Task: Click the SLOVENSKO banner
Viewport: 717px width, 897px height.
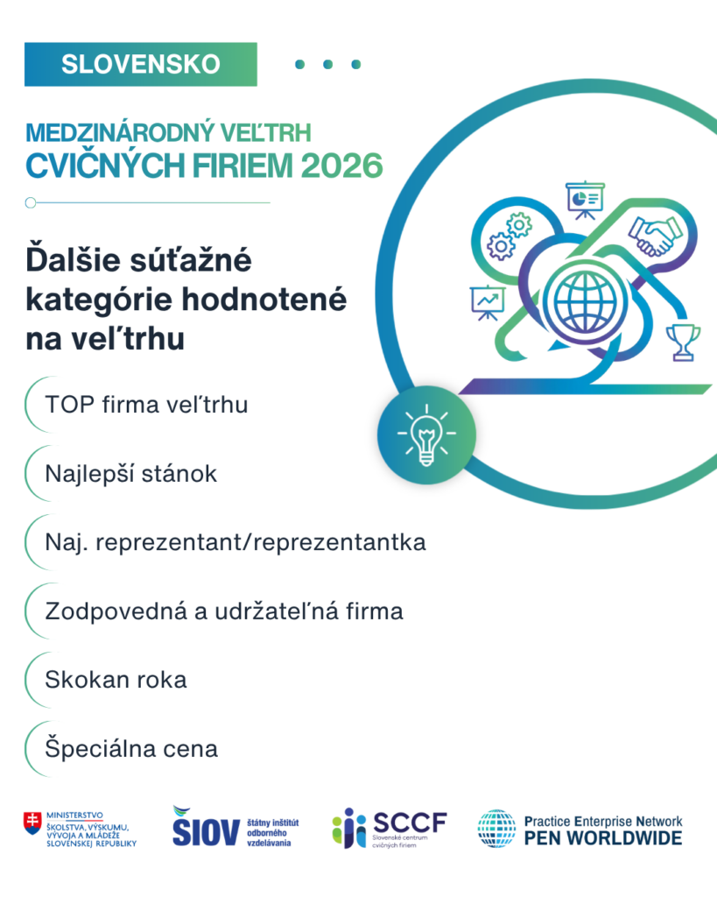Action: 141,64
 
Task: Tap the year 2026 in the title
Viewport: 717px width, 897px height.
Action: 342,166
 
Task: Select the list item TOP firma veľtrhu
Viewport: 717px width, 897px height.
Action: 146,405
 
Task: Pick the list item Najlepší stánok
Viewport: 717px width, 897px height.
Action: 131,474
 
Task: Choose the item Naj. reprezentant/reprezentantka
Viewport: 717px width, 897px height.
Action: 235,543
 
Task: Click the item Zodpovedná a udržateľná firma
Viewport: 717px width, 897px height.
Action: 224,611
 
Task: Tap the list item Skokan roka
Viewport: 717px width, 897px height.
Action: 116,680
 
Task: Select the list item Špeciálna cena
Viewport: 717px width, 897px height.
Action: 131,749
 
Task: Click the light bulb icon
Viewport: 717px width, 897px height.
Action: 426,434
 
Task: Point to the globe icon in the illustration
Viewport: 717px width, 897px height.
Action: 585,301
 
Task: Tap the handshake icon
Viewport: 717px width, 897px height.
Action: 656,236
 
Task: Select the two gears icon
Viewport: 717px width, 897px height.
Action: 509,237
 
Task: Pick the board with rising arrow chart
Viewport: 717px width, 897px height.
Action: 487,302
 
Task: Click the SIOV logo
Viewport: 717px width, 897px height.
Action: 235,827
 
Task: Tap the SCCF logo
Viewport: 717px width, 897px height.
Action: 390,828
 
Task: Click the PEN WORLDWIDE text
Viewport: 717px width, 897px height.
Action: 603,838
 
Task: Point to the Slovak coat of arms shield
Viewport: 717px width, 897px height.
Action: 32,823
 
